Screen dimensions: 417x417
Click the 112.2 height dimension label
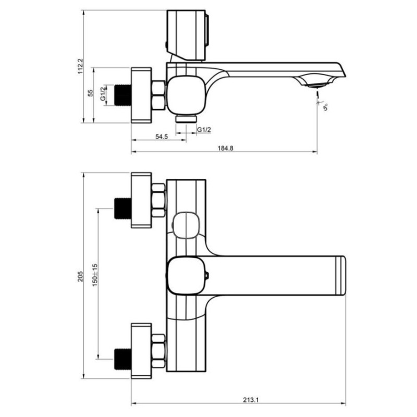click(x=81, y=66)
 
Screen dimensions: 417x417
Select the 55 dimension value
click(x=90, y=93)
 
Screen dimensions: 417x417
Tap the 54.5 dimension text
click(x=162, y=137)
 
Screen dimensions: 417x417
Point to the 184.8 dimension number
click(x=226, y=149)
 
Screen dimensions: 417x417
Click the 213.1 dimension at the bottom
click(x=251, y=399)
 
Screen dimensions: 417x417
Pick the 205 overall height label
click(x=81, y=277)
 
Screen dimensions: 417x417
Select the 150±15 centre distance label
click(x=95, y=275)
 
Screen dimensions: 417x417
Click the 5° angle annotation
click(x=325, y=107)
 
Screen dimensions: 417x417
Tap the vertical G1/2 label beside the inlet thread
click(x=103, y=94)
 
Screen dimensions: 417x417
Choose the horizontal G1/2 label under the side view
click(x=204, y=130)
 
